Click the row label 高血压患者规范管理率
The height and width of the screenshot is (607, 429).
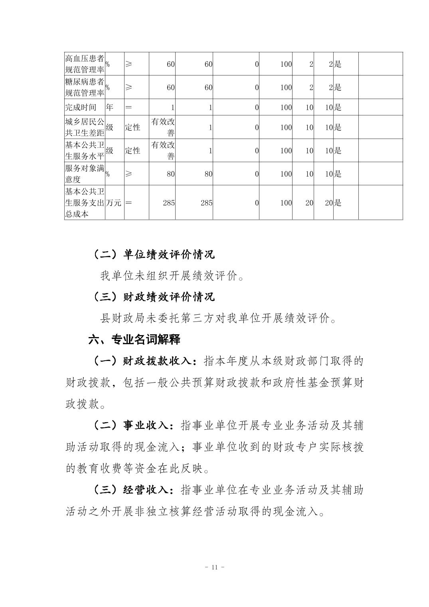85,64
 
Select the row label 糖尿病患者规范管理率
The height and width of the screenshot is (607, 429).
85,87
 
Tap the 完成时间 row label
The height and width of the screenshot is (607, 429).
81,107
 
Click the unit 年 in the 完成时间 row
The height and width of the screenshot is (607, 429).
109,107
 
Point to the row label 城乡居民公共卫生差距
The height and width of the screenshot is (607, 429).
85,127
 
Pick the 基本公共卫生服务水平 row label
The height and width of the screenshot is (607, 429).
85,151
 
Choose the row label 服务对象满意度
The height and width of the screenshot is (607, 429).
85,174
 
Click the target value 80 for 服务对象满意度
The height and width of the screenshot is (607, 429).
170,174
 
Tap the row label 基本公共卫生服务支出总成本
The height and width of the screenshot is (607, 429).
85,202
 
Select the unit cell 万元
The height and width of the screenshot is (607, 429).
114,203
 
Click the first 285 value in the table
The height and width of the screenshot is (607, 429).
169,203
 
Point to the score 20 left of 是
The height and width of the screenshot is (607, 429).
328,203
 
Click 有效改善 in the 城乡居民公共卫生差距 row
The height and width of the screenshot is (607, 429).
163,127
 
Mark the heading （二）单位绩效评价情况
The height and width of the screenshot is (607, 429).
154,254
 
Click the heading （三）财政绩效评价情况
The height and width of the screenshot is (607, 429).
154,297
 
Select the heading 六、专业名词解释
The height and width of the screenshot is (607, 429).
134,340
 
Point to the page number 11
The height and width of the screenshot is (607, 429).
214,567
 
